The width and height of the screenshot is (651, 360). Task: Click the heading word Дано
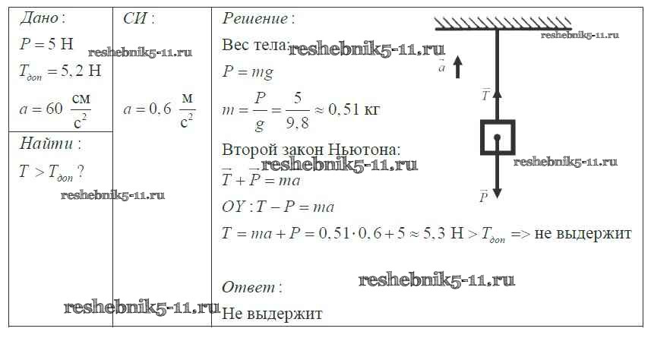39,17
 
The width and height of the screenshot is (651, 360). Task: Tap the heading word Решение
254,19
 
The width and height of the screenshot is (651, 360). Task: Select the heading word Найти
46,144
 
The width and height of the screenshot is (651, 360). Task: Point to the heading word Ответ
248,287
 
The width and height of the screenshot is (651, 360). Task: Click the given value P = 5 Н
46,43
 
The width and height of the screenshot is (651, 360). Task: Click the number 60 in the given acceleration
54,109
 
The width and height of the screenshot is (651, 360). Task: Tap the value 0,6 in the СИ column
160,109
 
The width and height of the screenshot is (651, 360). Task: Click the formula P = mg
248,72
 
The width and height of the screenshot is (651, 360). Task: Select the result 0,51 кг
353,109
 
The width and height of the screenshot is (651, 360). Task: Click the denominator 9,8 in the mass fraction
297,123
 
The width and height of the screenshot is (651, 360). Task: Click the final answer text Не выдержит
272,314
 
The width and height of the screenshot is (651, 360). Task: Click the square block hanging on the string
498,137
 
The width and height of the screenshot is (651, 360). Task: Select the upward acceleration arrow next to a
457,68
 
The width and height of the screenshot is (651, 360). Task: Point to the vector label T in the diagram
485,96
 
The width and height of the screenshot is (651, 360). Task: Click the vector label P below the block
483,197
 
